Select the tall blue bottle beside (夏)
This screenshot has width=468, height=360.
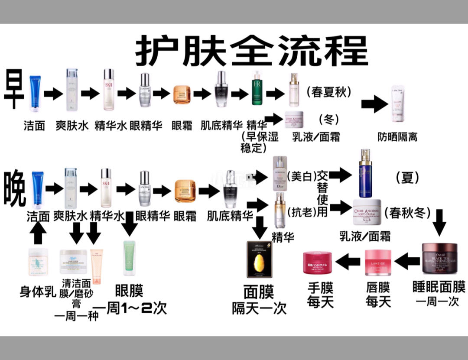365,173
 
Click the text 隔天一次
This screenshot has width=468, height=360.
259,308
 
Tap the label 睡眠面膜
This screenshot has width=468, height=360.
439,287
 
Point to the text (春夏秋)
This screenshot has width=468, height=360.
329,92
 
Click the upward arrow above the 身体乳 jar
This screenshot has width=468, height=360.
38,234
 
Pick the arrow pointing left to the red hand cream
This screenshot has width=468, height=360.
348,261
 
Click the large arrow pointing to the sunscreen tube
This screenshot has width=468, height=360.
374,104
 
